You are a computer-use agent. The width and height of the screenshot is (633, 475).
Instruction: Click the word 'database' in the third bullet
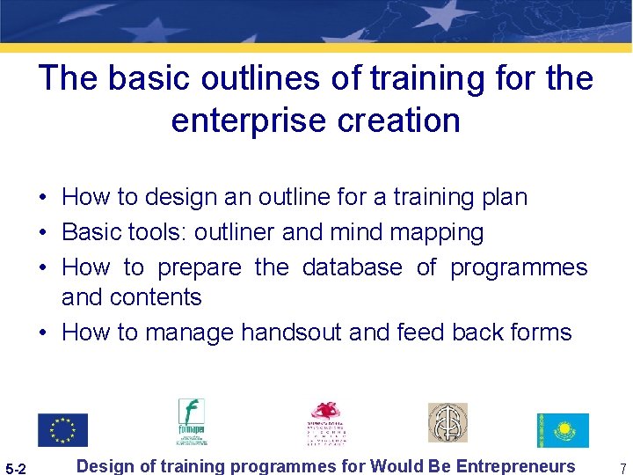pos(352,267)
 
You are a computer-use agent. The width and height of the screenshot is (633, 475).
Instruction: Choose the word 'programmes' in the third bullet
pos(519,267)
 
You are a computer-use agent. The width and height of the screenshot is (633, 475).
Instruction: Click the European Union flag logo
pos(62,429)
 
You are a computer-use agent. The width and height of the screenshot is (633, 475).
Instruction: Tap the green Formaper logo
pos(191,423)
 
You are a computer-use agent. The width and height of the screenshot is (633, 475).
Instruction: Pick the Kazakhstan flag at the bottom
pos(563,429)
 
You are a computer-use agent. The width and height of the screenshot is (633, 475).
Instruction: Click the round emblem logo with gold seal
pos(447,423)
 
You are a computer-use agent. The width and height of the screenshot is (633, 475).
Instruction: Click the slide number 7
pos(622,468)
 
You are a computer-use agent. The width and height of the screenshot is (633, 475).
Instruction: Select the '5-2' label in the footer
pos(17,468)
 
